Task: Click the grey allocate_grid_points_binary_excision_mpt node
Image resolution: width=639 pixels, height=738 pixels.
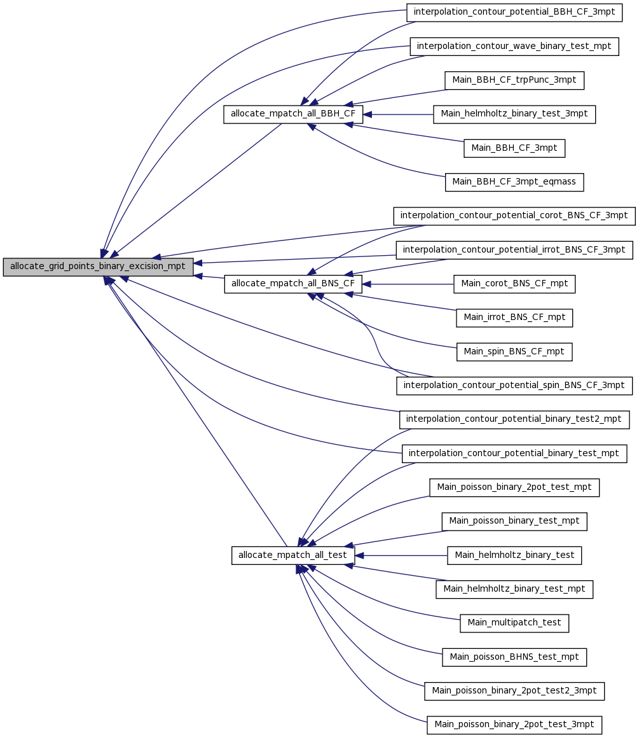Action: click(98, 267)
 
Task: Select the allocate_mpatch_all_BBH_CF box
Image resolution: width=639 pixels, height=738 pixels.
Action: click(293, 115)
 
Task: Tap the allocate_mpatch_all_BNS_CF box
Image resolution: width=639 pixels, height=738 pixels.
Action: click(293, 284)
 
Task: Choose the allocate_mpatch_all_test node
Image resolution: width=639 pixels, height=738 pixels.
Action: click(292, 555)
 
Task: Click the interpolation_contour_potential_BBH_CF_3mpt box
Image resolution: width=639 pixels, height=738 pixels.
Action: click(514, 12)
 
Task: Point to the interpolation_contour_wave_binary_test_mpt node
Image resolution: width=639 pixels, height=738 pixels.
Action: click(514, 46)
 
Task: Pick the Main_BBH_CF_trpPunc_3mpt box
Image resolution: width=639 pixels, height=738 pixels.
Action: click(514, 80)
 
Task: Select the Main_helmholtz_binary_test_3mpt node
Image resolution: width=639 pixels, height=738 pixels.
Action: click(514, 115)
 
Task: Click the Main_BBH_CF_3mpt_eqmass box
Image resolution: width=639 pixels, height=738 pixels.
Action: click(514, 182)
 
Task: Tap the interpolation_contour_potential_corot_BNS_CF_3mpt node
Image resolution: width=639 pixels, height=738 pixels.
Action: click(514, 216)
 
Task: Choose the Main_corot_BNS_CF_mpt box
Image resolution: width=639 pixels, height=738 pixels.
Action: click(514, 284)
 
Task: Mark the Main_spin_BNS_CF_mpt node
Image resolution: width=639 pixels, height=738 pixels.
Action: click(514, 352)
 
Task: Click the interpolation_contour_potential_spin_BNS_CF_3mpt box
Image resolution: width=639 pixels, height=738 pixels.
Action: click(514, 386)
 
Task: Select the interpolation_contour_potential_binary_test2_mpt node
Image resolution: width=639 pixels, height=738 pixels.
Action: click(514, 419)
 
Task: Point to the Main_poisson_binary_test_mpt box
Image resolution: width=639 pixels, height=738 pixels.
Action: click(514, 522)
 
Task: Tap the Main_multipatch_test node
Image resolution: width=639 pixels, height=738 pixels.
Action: click(514, 623)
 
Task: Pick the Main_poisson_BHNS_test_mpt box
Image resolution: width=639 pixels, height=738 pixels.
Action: click(514, 657)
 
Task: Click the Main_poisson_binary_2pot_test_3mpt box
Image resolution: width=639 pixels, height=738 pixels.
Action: click(514, 725)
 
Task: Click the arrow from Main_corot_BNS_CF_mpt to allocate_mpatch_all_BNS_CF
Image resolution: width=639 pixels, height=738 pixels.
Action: click(408, 284)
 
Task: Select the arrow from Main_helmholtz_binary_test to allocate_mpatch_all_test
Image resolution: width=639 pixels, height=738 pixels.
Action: click(401, 555)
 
